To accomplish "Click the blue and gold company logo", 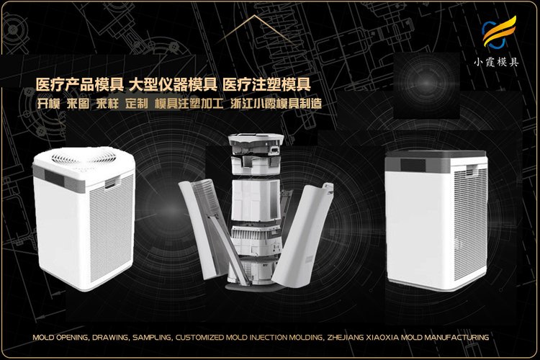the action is (499, 32).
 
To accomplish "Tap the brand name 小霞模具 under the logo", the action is (496, 62).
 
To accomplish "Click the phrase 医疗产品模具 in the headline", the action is (79, 85).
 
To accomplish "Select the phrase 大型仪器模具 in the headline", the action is (174, 85).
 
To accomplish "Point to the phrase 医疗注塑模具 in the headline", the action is (267, 85).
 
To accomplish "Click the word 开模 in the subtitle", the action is (48, 104).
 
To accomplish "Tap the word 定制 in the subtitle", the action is (136, 104).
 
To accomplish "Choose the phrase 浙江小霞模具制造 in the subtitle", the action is (276, 104).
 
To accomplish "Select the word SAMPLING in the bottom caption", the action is (152, 337).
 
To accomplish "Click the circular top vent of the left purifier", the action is (84, 158).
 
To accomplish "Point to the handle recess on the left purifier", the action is (112, 183).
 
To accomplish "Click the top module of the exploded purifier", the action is (256, 145).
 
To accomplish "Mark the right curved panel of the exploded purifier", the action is (303, 235).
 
